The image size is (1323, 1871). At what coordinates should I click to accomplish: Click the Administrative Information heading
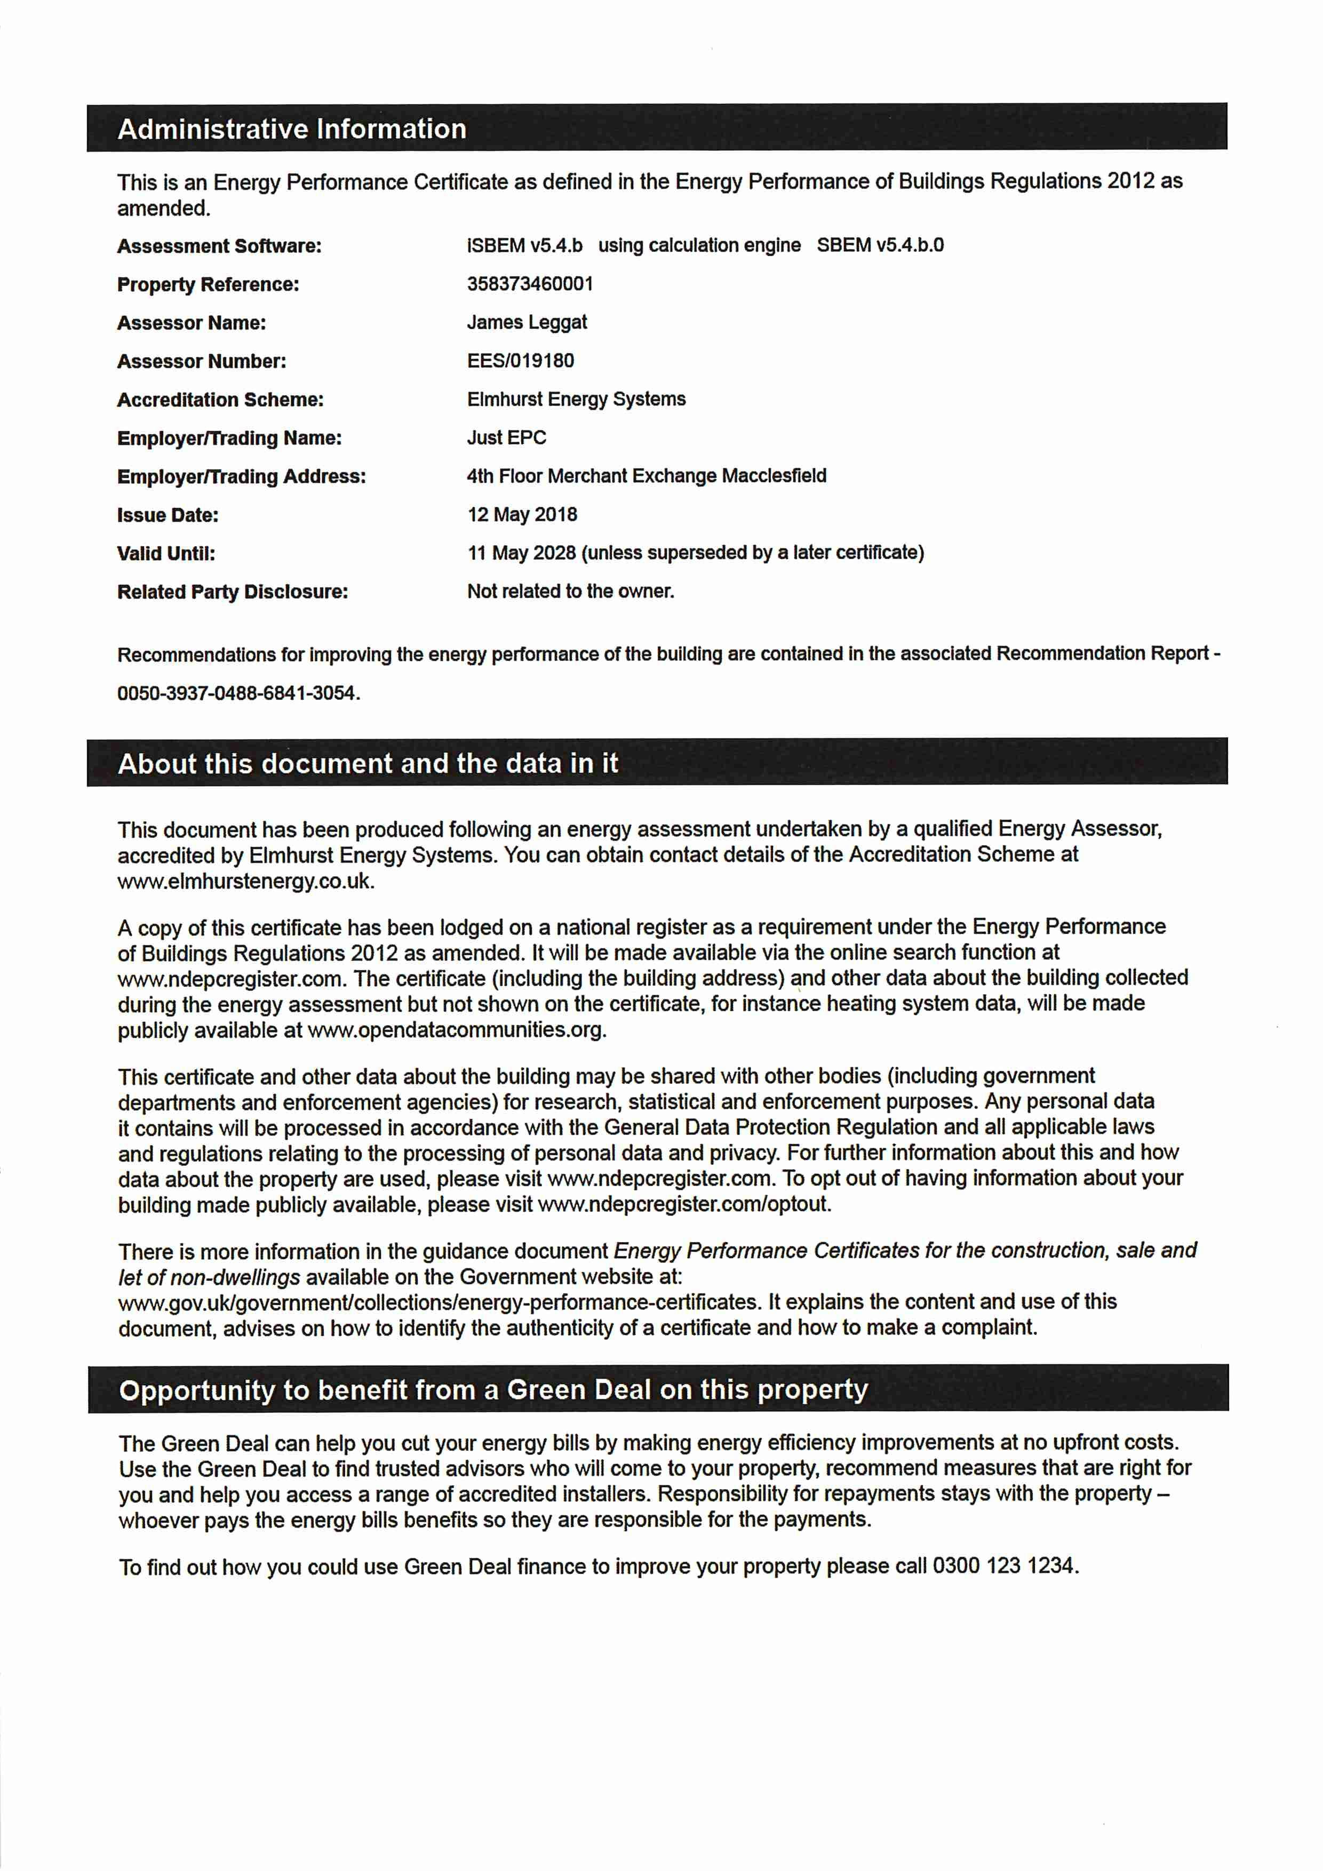292,129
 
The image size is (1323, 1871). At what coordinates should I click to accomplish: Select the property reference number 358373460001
530,284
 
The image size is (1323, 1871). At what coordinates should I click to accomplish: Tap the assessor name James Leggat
527,323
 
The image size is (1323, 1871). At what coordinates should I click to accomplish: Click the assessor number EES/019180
520,361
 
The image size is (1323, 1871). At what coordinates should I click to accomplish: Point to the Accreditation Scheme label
220,399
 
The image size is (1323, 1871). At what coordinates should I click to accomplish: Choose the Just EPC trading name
506,437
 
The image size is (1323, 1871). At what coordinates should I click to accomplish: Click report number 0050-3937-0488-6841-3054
237,693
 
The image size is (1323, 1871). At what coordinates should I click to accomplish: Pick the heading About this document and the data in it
368,764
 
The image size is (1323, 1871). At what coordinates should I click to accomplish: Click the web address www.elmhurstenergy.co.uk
244,881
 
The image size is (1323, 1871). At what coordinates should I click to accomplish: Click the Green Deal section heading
493,1389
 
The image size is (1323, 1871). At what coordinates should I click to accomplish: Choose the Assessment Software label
219,246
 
